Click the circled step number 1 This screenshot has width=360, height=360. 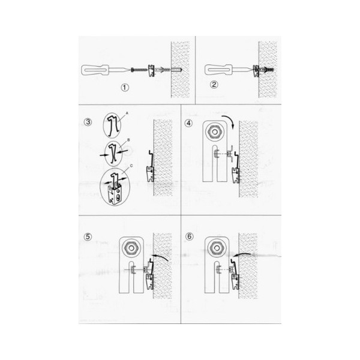125,88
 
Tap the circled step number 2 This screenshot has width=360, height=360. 214,85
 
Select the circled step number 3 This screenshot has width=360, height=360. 88,122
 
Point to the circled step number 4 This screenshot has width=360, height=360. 188,123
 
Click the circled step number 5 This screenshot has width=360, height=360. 88,237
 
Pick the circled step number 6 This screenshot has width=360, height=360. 189,236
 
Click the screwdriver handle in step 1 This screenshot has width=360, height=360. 95,70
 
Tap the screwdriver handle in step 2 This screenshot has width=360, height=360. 218,70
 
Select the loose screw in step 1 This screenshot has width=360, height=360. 139,69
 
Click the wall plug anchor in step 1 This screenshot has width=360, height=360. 169,70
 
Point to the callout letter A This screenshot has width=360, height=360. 127,113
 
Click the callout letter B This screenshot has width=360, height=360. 128,140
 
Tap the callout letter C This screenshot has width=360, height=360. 131,166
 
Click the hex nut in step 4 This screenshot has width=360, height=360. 215,132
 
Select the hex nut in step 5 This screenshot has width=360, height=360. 131,248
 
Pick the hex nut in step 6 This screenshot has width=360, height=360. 217,248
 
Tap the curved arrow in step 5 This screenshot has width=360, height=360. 161,256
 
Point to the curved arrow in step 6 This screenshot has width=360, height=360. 242,254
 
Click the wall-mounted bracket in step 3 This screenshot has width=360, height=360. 151,166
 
